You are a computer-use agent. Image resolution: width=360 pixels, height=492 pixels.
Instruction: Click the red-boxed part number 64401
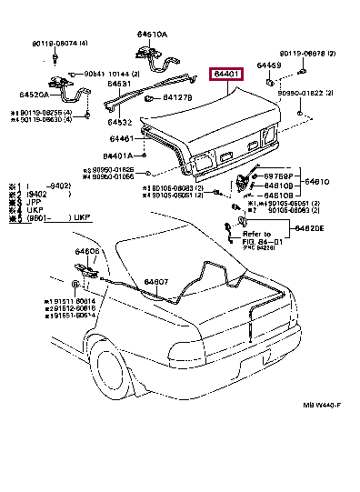[x=227, y=75]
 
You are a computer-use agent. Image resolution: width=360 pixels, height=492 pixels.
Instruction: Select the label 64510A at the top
[x=152, y=34]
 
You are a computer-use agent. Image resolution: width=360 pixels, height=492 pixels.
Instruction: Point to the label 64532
[x=120, y=121]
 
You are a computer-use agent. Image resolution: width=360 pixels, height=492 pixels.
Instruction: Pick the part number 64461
[x=121, y=139]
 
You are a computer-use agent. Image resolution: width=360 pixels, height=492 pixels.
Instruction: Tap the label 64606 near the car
[x=87, y=250]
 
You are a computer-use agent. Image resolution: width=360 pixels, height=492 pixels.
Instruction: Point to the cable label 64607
[x=155, y=283]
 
